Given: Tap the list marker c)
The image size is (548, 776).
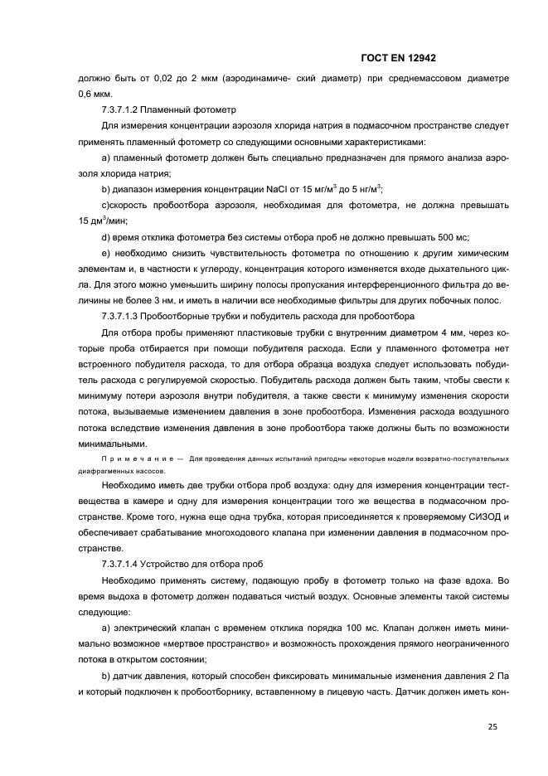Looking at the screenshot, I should pos(106,206).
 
